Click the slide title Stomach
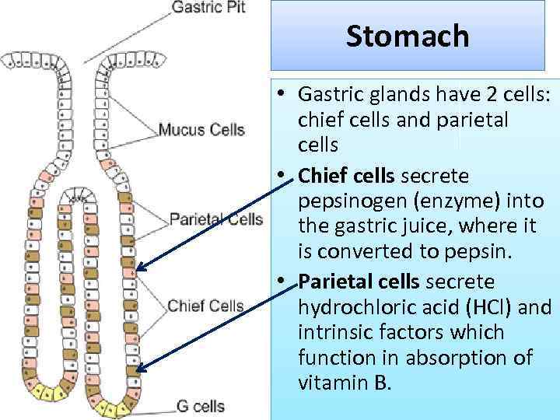tap(408, 36)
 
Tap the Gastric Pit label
tap(208, 9)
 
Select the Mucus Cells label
tap(201, 129)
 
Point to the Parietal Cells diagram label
tap(216, 219)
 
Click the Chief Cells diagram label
tap(206, 306)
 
